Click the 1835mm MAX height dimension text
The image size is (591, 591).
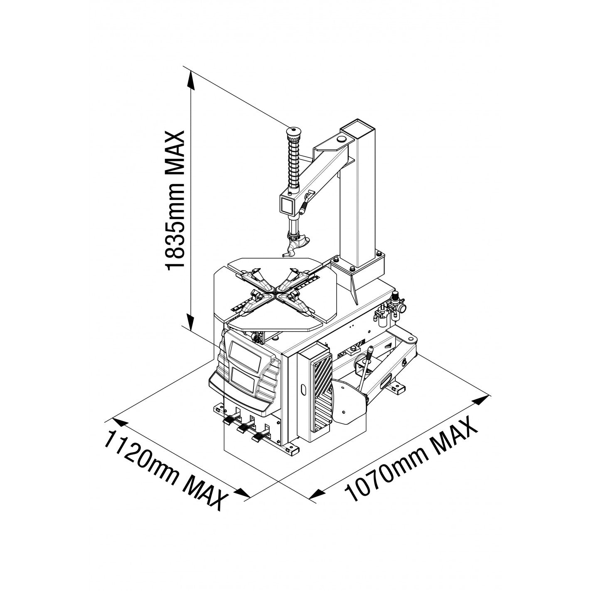(x=175, y=201)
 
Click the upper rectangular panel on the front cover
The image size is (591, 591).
(x=244, y=356)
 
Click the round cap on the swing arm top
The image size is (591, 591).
(x=340, y=139)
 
